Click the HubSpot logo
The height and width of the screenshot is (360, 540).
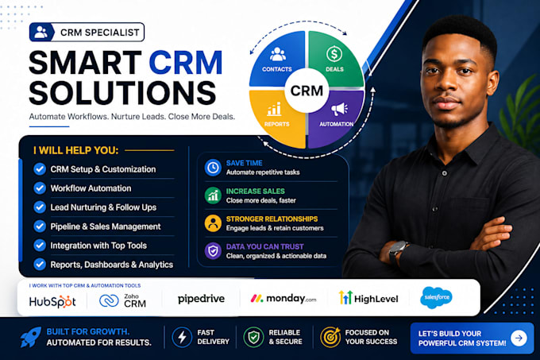tap(52, 301)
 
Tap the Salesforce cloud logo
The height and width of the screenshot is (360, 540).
tap(436, 297)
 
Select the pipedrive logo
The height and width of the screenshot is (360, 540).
tap(201, 299)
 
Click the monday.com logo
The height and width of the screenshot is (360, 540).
tap(283, 298)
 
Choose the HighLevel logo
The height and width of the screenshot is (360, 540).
tap(368, 298)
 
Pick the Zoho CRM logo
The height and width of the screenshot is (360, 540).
tap(122, 300)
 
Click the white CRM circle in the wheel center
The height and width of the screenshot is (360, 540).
tap(307, 91)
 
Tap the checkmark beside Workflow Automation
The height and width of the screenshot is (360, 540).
tap(40, 188)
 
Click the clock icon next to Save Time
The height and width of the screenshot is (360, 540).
tap(213, 168)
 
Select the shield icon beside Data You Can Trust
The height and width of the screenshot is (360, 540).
tap(213, 251)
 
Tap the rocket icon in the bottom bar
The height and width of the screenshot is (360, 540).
tap(30, 337)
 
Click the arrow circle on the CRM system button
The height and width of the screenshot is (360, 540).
tap(519, 338)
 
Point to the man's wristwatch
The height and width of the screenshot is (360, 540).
tap(398, 251)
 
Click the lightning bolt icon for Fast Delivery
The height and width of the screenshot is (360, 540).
tap(182, 337)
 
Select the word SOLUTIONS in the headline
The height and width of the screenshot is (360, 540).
tap(122, 93)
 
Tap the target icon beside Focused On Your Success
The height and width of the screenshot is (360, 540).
tap(330, 337)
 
